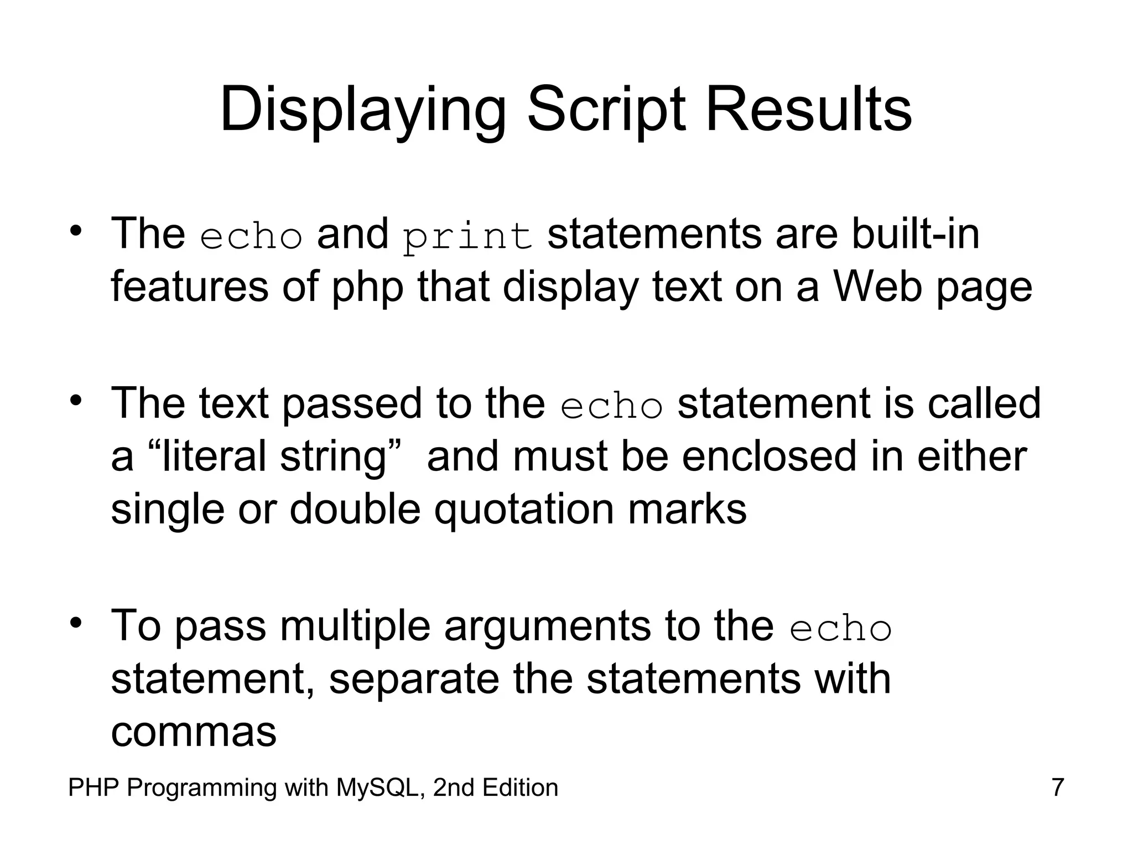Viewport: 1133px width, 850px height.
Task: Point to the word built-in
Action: [x=915, y=234]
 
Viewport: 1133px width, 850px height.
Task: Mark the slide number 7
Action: [x=1057, y=787]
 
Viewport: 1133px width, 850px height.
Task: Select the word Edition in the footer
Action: [x=520, y=787]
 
